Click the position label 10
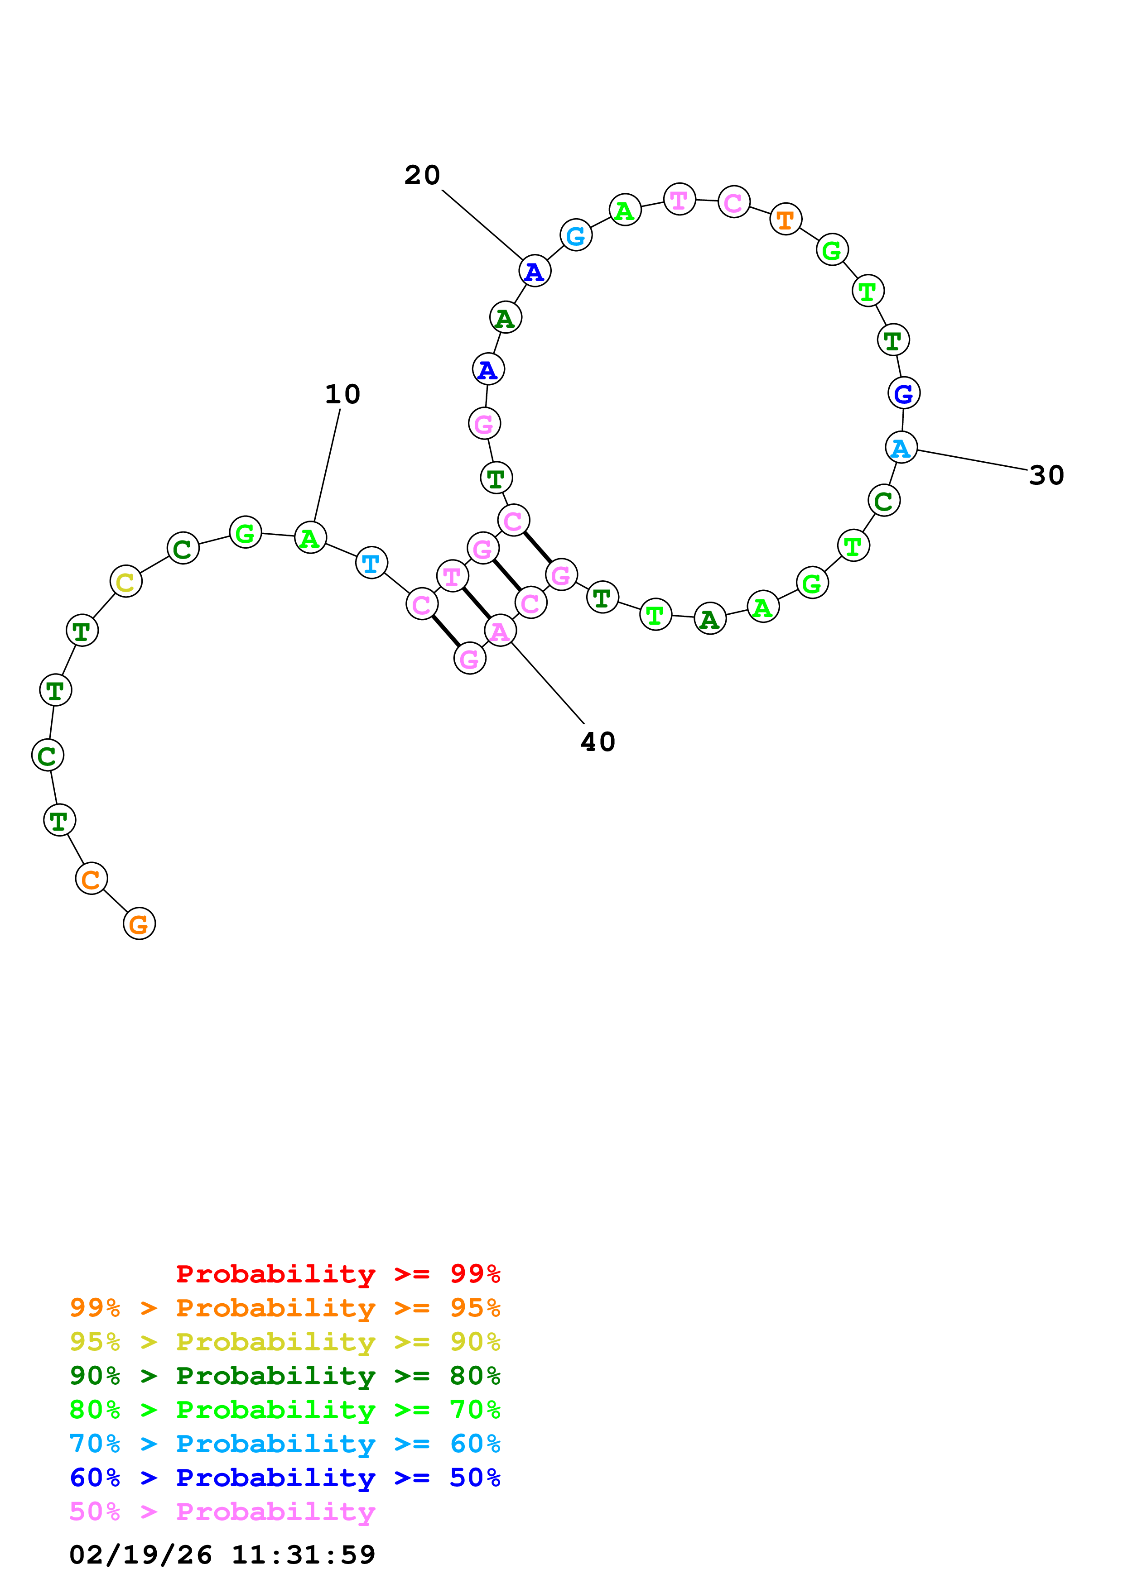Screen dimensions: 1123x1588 point(342,394)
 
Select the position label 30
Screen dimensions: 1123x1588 point(1046,475)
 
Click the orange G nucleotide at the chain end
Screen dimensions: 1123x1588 point(139,923)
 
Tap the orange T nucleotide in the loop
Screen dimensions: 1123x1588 point(786,219)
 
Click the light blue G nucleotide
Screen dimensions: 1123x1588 point(576,235)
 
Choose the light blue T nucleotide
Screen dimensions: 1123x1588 point(371,563)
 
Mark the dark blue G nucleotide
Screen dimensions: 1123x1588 point(904,393)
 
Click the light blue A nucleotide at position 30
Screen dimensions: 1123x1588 point(901,448)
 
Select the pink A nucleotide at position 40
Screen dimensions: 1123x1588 point(500,631)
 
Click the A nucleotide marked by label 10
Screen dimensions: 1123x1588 point(310,537)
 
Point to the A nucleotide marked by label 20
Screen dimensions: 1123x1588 point(534,271)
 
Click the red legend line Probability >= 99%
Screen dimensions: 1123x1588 point(337,1273)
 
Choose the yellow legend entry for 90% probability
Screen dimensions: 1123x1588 point(284,1341)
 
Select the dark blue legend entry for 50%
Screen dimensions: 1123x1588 point(284,1478)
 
